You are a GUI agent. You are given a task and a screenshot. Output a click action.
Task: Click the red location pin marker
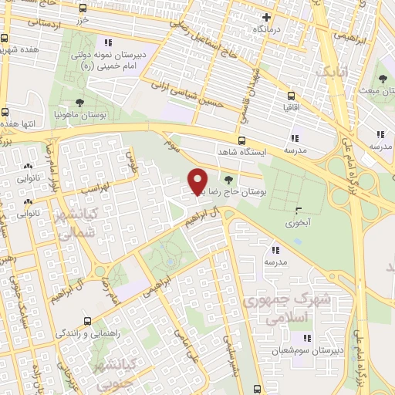pos(198,181)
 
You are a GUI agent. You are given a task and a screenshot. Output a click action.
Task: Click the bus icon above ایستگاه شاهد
pos(241,140)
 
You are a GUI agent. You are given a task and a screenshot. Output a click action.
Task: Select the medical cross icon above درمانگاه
pos(266,17)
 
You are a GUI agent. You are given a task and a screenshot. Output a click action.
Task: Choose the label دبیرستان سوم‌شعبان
pos(306,349)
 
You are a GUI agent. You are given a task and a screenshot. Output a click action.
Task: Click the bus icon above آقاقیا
pos(291,97)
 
